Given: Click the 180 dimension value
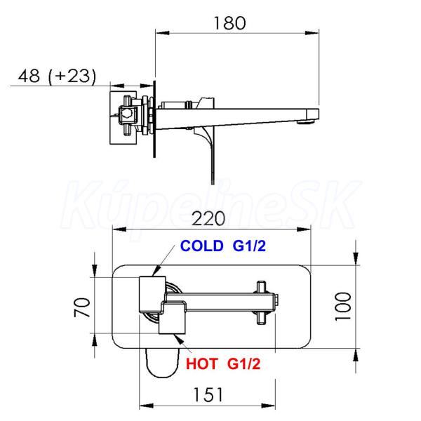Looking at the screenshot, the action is click(x=229, y=23).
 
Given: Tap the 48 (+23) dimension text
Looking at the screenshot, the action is click(x=57, y=76).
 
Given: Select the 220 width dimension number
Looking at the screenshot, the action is click(x=208, y=218).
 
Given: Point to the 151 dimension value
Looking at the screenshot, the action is click(x=208, y=394).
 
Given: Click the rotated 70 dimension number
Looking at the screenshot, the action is click(x=82, y=307).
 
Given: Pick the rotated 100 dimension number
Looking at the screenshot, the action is click(x=343, y=307).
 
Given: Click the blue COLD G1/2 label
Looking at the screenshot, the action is click(x=223, y=246).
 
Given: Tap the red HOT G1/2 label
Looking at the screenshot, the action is click(x=223, y=364).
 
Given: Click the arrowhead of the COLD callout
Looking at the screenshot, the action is click(x=156, y=271).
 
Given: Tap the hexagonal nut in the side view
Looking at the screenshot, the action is click(x=126, y=113).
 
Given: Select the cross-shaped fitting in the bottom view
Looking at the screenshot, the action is click(x=261, y=302).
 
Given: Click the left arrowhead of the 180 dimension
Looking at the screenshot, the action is click(x=163, y=33).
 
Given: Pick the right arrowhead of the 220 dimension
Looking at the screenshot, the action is click(x=304, y=229).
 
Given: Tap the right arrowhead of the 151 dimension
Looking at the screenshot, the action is click(x=269, y=406).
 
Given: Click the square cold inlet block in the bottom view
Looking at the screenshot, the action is click(x=152, y=294).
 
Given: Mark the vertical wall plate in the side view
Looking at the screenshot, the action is click(x=154, y=119).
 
